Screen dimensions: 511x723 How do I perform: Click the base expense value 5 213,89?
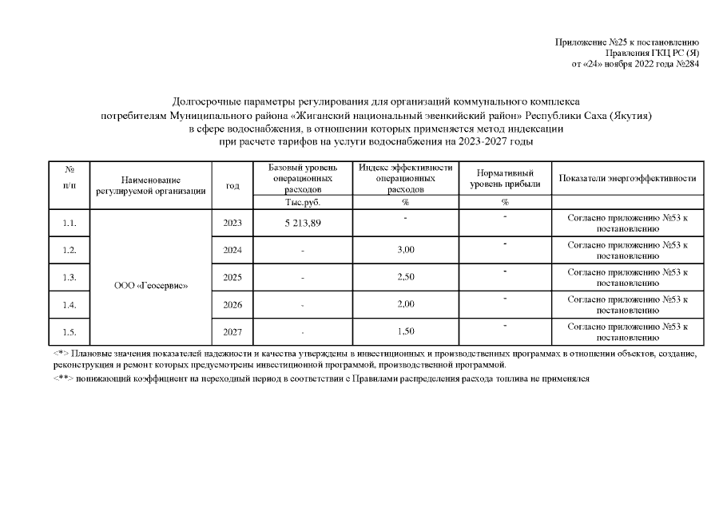pos(302,223)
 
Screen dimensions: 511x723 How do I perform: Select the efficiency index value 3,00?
pos(405,250)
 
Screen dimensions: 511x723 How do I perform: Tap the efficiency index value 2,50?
pos(405,277)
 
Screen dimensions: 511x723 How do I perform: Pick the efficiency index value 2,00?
pos(405,304)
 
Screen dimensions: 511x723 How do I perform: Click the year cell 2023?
pos(232,223)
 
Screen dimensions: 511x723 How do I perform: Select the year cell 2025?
pos(232,277)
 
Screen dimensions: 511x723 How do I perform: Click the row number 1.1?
pos(69,223)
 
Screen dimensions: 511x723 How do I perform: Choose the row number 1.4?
pos(69,304)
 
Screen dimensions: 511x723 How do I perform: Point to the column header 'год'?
pos(232,185)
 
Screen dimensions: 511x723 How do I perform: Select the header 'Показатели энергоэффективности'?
pos(627,178)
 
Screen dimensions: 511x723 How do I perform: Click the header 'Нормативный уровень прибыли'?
pos(505,179)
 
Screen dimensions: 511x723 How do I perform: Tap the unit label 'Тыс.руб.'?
pos(302,203)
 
